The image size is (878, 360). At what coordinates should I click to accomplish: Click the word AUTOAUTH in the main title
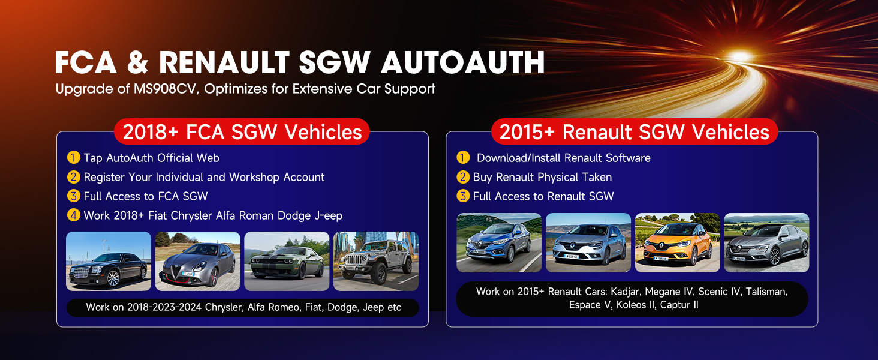coord(462,62)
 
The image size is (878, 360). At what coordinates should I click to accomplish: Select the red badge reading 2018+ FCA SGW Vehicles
coord(242,132)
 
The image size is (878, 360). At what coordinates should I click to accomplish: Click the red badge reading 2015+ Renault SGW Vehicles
coord(634,132)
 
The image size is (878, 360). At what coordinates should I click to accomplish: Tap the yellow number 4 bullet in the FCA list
coord(73,215)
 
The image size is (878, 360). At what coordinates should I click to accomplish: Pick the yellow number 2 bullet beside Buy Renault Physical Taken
coord(463,177)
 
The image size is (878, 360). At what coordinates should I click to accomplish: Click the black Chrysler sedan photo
coord(109,261)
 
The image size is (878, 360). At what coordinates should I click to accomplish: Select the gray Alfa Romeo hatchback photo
coord(197,261)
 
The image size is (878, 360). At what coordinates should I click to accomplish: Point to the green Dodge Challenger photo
coord(287,261)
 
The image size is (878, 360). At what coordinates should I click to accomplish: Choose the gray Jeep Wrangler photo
coord(376,261)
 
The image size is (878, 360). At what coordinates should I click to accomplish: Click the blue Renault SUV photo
coord(499,243)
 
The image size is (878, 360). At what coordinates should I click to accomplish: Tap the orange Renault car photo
coord(677,243)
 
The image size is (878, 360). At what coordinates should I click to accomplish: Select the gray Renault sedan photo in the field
coord(766,243)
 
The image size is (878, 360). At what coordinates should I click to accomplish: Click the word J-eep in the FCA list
coord(329,215)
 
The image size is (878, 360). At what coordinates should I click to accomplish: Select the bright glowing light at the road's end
coord(739,56)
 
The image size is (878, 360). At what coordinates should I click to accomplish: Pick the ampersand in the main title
coord(137,63)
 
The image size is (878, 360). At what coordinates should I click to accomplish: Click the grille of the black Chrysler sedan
coord(81,272)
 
